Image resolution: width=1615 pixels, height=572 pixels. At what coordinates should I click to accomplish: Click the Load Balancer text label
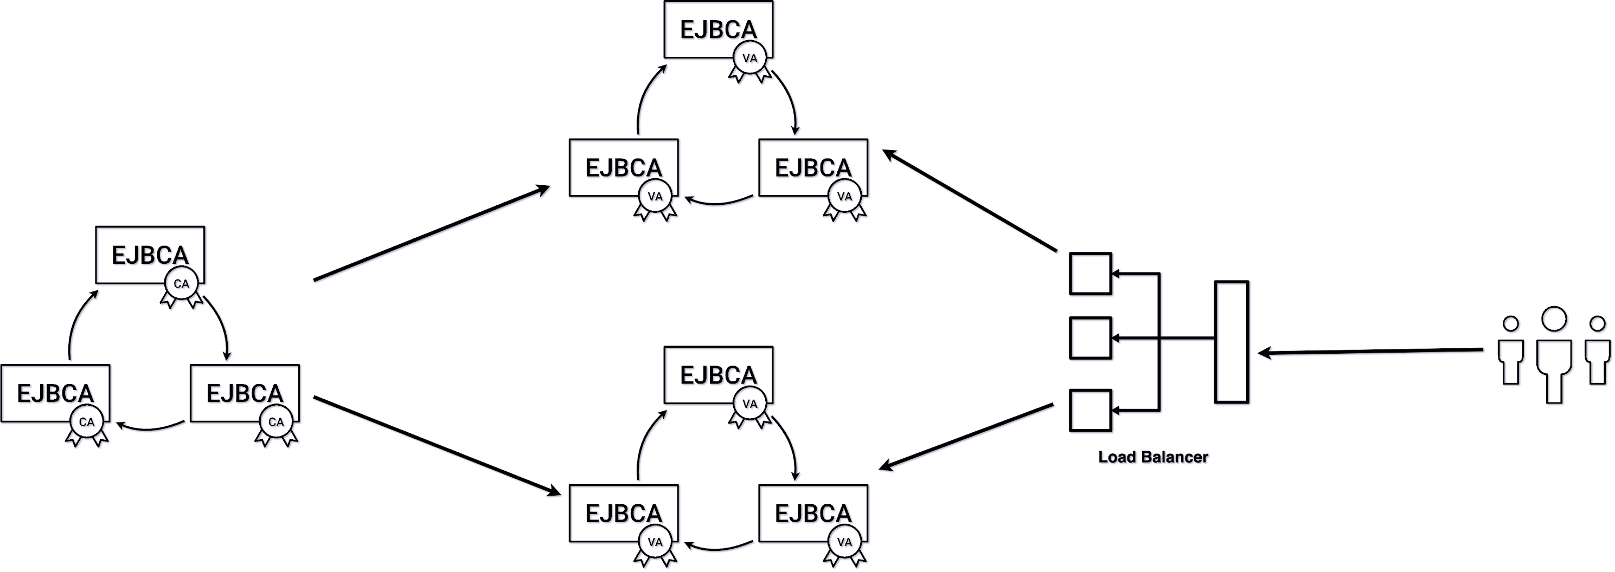tap(1152, 457)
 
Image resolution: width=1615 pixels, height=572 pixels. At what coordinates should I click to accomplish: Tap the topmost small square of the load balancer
tap(1090, 274)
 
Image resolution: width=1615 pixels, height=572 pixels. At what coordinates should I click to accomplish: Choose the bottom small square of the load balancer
tap(1090, 411)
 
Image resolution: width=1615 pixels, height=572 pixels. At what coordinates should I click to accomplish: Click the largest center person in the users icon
tap(1554, 354)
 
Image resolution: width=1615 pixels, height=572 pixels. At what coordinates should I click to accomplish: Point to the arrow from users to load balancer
tap(1373, 352)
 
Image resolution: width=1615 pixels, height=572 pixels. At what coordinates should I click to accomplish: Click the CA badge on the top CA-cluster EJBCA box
tap(181, 284)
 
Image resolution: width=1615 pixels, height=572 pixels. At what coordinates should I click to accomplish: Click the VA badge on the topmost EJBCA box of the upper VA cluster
tap(750, 58)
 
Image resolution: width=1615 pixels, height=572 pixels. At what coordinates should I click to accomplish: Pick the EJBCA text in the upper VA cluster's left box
tap(623, 168)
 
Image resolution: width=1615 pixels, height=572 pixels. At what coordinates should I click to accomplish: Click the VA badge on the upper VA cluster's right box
tap(844, 197)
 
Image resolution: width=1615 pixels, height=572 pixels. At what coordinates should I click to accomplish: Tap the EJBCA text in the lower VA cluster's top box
tap(718, 375)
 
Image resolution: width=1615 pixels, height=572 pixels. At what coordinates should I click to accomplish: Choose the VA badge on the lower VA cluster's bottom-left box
tap(655, 542)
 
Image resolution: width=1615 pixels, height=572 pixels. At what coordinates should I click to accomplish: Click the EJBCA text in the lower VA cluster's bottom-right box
tap(812, 513)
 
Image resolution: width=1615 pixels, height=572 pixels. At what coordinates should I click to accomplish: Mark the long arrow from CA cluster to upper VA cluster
tap(431, 233)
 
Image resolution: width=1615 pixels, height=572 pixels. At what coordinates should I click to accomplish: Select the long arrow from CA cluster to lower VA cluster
tap(437, 445)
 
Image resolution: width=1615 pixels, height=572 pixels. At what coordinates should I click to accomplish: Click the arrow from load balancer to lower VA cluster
tap(967, 436)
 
